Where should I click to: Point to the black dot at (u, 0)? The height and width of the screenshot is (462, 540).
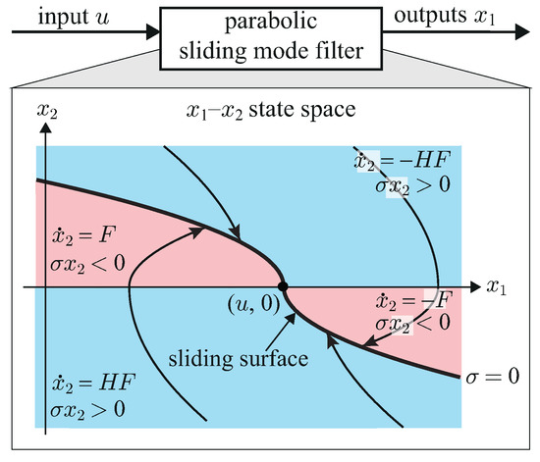pyautogui.click(x=284, y=286)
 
